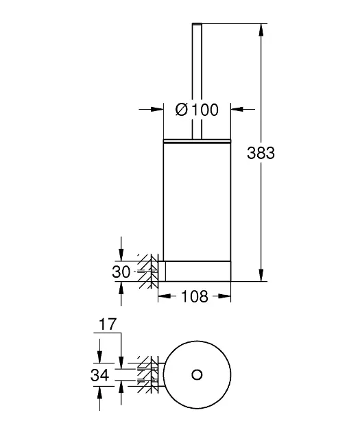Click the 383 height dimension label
261,153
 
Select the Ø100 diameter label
197,110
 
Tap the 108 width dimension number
195,296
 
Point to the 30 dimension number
121,272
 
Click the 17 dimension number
108,324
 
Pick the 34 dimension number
100,375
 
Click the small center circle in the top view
197,374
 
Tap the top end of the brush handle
197,24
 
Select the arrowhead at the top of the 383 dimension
261,29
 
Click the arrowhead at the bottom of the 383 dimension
261,275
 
